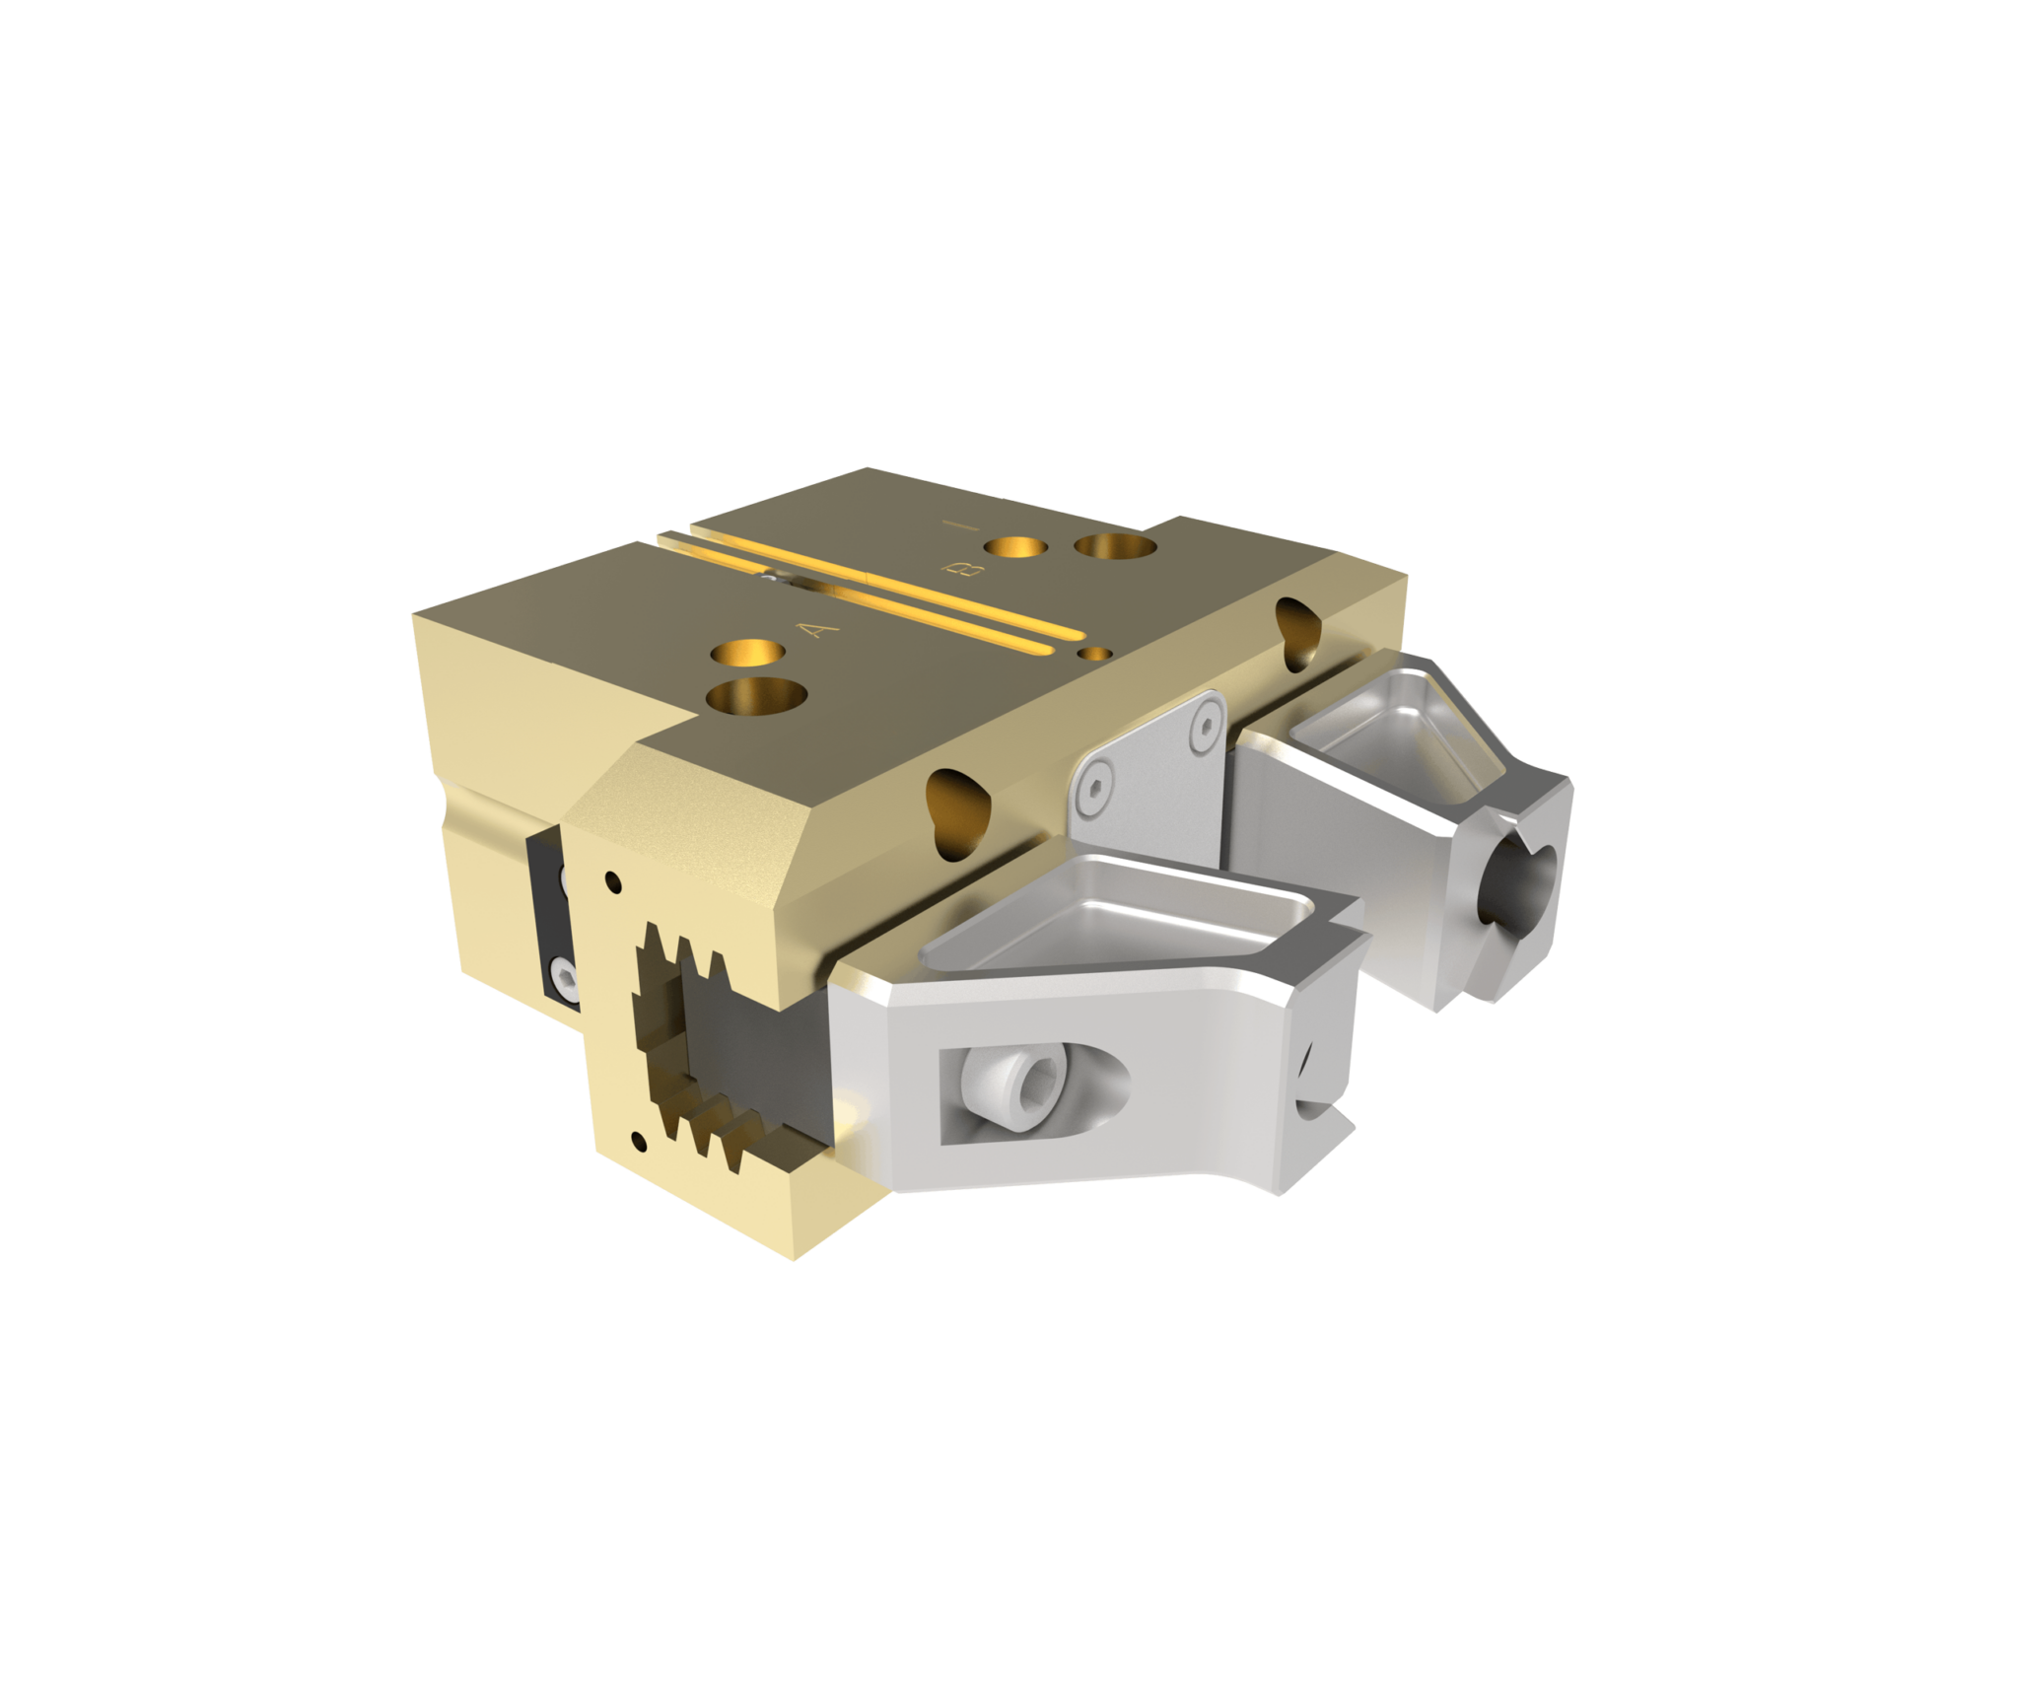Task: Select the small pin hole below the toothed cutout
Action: [642, 1142]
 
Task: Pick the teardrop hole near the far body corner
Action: [1299, 628]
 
